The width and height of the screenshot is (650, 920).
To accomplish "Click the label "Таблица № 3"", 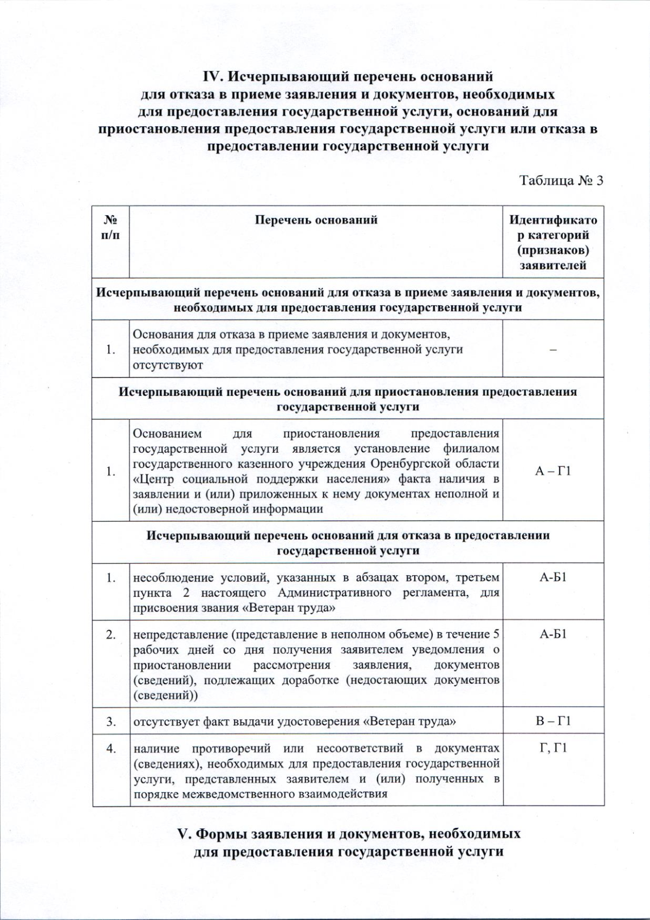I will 562,180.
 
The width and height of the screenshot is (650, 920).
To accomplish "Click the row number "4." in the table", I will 111,748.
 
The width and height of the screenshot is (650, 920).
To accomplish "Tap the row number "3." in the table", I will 111,721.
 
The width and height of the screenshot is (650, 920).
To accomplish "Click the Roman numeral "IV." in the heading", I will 213,76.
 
